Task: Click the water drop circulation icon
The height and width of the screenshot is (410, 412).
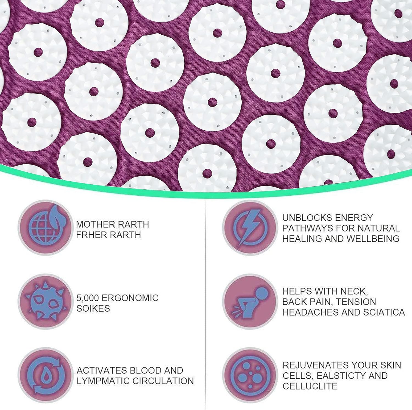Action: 46,375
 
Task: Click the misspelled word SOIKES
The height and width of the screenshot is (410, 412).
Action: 93,309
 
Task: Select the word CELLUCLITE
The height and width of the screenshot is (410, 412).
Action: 310,386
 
